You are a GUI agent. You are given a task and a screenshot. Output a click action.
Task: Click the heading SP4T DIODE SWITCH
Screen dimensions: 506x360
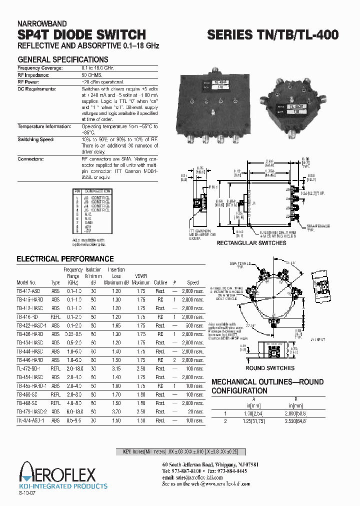pos(81,34)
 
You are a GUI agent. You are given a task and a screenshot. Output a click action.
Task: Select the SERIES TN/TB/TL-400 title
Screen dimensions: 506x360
pos(273,34)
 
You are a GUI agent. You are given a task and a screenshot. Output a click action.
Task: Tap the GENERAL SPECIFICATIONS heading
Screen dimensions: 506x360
pos(63,59)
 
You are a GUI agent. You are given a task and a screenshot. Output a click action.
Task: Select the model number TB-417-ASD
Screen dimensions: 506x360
pos(29,290)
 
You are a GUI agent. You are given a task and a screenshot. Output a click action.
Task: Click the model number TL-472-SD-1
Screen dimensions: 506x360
pos(29,368)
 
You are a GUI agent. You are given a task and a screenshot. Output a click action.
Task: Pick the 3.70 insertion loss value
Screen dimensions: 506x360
pos(116,411)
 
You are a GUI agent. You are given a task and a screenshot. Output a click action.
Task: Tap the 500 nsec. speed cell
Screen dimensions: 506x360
pos(193,325)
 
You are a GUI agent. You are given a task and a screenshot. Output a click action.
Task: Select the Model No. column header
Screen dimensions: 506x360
pos(26,282)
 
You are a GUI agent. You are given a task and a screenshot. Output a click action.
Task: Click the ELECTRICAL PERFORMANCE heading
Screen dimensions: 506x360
pos(65,259)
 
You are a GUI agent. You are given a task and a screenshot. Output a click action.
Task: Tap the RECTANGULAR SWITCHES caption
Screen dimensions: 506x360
pos(251,243)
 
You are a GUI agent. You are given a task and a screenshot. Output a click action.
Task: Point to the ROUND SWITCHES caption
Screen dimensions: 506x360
pos(270,368)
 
